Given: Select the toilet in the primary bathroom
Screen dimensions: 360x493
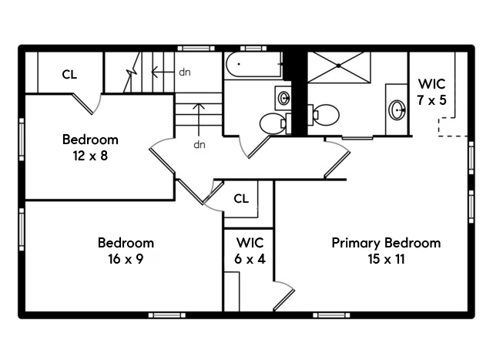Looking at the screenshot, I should [x=325, y=116].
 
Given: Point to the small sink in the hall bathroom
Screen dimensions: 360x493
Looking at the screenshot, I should [x=283, y=98].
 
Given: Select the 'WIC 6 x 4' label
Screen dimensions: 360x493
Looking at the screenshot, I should [x=250, y=251].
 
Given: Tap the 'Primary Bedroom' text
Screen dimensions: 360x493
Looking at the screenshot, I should [x=386, y=243].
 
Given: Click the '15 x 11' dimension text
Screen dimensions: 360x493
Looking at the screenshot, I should [x=386, y=259].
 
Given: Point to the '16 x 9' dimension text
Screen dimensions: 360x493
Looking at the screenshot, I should [x=126, y=259].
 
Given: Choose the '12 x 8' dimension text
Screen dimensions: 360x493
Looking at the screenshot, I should [x=90, y=156].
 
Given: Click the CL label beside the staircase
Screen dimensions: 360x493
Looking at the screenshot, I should [x=69, y=75].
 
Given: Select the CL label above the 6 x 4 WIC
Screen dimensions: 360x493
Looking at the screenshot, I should [x=241, y=199].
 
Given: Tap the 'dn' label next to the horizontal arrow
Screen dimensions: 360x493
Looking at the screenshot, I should [x=185, y=72].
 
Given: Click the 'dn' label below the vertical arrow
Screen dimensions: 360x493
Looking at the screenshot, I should [x=200, y=144].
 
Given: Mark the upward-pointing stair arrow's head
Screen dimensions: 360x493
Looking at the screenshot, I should [x=200, y=105].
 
